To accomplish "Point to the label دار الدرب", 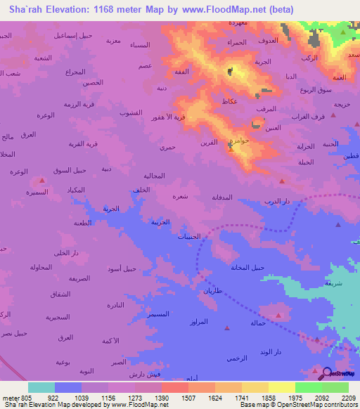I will coord(277,202).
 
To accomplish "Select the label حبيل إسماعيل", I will coord(75,34).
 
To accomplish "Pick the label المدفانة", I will coord(227,197).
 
